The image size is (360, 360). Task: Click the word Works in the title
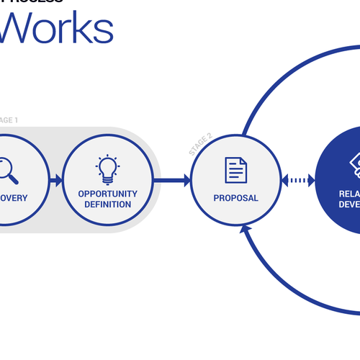[x=58, y=29]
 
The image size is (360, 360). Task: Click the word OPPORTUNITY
[x=107, y=194]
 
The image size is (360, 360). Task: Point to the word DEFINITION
[x=107, y=204]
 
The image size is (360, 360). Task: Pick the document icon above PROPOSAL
[x=235, y=170]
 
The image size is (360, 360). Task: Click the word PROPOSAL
[x=235, y=198]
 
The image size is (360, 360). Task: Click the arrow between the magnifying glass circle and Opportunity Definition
[x=55, y=180]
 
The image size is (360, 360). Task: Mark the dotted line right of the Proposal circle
[x=299, y=180]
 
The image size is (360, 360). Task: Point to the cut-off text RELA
[x=349, y=194]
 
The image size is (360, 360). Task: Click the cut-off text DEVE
[x=349, y=204]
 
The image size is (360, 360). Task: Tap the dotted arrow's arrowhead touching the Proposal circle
[x=286, y=180]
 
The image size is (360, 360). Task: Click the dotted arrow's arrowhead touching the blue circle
[x=312, y=180]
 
